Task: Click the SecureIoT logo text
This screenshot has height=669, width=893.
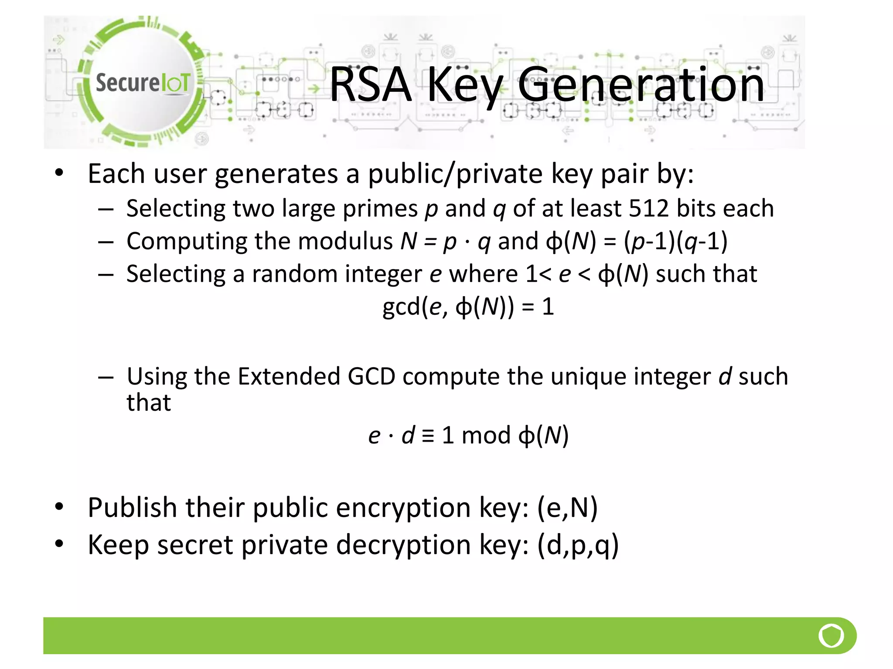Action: (143, 82)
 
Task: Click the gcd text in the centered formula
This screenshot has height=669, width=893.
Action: (401, 307)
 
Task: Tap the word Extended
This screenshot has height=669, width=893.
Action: (289, 376)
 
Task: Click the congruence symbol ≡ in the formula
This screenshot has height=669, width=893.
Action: (428, 435)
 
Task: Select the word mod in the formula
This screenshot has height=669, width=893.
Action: (486, 435)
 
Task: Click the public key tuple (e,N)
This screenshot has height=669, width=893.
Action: (567, 507)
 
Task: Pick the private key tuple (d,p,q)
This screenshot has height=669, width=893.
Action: (578, 545)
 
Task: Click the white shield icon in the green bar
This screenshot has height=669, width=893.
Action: (831, 635)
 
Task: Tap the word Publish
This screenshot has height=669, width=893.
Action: (133, 507)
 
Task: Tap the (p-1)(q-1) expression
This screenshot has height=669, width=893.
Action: (675, 241)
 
